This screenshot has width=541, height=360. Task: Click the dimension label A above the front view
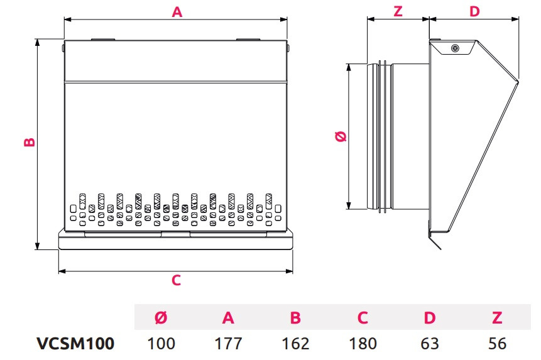tap(177, 11)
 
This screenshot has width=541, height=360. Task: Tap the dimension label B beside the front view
tap(29, 143)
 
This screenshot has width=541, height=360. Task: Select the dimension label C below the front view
tap(177, 281)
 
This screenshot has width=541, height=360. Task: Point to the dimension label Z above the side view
tap(398, 11)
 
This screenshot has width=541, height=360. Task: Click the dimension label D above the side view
tap(474, 11)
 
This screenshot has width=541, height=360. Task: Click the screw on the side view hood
tap(454, 48)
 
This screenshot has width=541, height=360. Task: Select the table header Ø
tap(161, 318)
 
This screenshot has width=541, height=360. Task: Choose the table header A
tap(228, 318)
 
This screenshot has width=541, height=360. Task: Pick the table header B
tap(295, 318)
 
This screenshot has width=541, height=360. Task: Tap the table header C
tap(363, 318)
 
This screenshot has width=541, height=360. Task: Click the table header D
tap(430, 318)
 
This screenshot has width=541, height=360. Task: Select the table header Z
tap(497, 318)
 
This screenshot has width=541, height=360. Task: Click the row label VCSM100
tap(75, 344)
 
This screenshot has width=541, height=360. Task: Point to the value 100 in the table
tap(161, 344)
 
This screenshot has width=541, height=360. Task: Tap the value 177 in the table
tap(228, 344)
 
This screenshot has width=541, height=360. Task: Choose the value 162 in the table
tap(295, 344)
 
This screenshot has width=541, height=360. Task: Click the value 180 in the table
tap(363, 344)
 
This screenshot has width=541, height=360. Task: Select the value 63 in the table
tap(430, 344)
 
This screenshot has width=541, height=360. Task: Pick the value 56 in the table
tap(497, 344)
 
